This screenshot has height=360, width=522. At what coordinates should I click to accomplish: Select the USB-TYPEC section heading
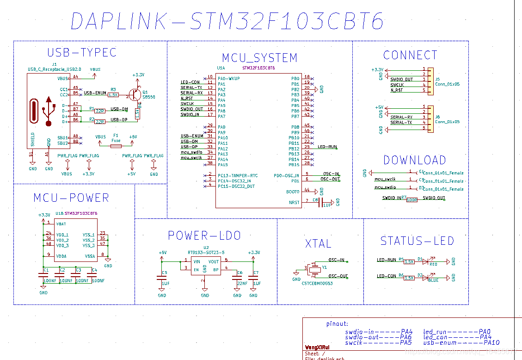point(82,52)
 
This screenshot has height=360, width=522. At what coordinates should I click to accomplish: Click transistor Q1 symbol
point(135,95)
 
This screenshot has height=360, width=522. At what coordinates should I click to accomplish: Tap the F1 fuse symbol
point(116,146)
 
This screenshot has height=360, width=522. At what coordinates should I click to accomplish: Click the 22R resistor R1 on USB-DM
point(99,111)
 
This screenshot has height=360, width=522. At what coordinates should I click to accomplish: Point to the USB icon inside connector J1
point(48,111)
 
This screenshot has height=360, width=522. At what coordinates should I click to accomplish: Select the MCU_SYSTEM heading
point(259,58)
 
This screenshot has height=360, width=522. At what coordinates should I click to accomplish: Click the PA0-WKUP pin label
point(229,78)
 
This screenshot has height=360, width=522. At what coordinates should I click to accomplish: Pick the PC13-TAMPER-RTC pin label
point(238,175)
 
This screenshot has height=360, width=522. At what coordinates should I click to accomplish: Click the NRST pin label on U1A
point(294,202)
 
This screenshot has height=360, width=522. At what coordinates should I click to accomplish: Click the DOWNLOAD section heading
point(414,160)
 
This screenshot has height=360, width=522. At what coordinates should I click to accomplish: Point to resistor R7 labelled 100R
point(412,200)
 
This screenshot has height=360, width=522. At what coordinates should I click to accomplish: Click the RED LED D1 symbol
point(426,261)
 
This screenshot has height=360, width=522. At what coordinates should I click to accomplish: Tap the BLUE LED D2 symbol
point(426,278)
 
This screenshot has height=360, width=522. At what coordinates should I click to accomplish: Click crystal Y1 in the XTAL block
point(315,269)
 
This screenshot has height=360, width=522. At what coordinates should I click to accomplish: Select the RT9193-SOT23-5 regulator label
point(206,253)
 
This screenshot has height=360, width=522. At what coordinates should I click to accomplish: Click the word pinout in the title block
point(337,324)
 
